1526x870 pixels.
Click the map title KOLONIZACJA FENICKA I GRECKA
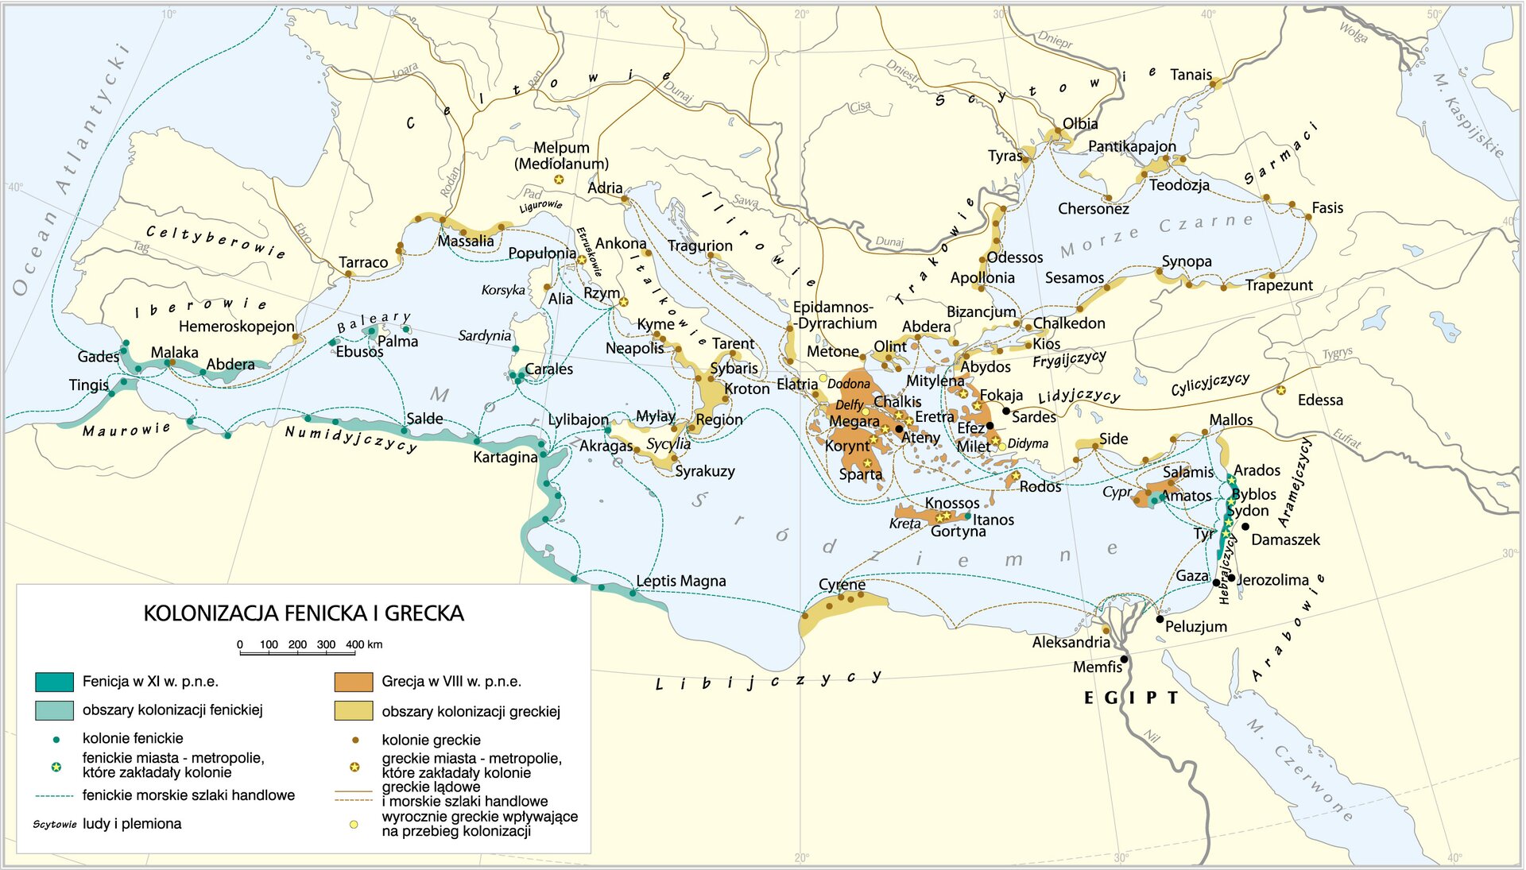coord(304,613)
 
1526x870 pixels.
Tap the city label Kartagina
coord(505,458)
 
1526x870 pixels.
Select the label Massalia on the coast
coord(466,241)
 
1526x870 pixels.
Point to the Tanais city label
coord(1191,75)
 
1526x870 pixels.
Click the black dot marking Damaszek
coord(1245,527)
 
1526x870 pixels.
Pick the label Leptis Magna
coord(680,581)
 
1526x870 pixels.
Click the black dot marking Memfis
coord(1124,659)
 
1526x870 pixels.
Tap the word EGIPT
coord(1131,698)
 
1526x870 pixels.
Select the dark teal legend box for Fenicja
coord(54,682)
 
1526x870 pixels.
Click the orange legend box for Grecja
coord(354,682)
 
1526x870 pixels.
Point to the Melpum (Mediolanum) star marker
coord(559,180)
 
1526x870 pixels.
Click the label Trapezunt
coord(1278,285)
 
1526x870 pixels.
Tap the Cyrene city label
coord(842,585)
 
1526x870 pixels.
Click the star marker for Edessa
coord(1281,390)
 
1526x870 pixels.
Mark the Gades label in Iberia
coord(98,357)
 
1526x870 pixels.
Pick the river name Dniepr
coord(1055,39)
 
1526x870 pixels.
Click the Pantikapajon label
coord(1132,146)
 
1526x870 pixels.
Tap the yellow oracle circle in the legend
coord(354,825)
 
